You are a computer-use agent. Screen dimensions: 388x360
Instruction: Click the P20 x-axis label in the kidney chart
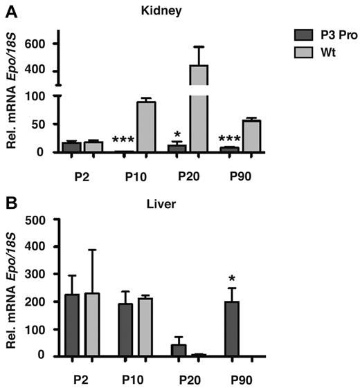click(x=190, y=174)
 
